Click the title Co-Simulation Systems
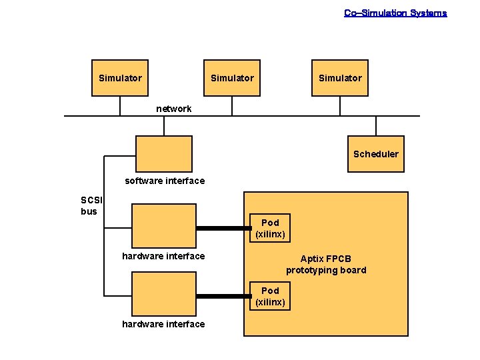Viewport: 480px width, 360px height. coord(395,13)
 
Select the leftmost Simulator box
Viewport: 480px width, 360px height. coord(120,78)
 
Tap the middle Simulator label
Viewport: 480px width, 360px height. coord(232,78)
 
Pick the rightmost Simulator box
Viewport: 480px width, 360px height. coord(340,78)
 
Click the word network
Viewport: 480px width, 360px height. coord(173,109)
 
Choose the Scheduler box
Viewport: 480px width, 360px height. coord(376,154)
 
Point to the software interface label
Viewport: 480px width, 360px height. coord(165,181)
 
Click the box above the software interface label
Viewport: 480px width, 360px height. coord(163,154)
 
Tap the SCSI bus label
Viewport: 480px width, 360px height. coord(89,205)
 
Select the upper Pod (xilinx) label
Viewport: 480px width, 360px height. coord(270,228)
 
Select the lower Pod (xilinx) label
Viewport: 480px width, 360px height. coord(270,296)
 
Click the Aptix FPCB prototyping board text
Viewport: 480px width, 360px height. coord(326,264)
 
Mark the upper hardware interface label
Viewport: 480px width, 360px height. coord(163,256)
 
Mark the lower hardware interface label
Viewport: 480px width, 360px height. coord(163,324)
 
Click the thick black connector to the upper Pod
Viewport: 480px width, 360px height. coord(223,228)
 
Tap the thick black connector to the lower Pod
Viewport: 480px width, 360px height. coord(223,296)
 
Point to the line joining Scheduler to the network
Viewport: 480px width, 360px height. coord(376,126)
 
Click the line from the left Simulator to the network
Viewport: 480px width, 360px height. coord(120,106)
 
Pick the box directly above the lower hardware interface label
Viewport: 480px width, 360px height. coord(163,295)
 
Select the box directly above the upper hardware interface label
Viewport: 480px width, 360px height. coord(163,226)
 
